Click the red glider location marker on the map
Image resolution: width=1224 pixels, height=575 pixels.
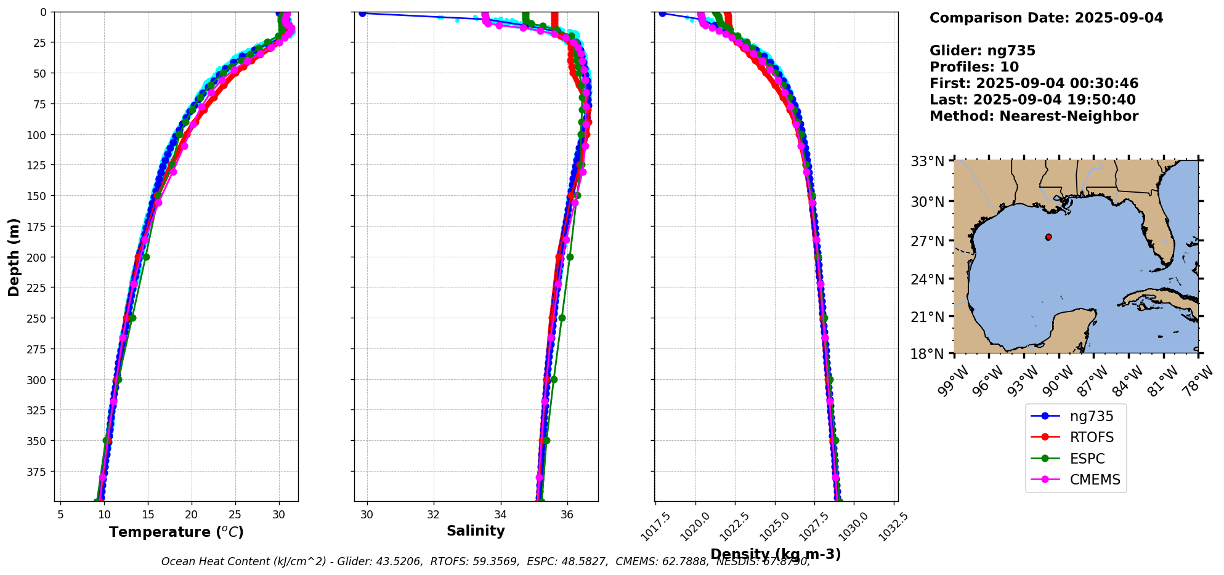(x=1048, y=237)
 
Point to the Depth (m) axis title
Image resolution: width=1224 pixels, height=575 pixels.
(x=14, y=257)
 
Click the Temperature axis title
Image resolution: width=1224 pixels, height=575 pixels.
(x=176, y=532)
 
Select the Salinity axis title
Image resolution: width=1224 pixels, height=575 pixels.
(x=476, y=531)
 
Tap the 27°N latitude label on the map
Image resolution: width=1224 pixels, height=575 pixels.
(x=927, y=241)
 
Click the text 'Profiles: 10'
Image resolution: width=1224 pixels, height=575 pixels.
(x=974, y=67)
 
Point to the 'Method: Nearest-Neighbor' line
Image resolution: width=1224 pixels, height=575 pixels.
(x=1034, y=116)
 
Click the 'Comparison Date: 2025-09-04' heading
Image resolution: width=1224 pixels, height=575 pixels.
(x=1046, y=18)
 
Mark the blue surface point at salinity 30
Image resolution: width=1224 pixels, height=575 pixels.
(x=362, y=14)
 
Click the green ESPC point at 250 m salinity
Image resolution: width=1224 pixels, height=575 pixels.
(x=562, y=318)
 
